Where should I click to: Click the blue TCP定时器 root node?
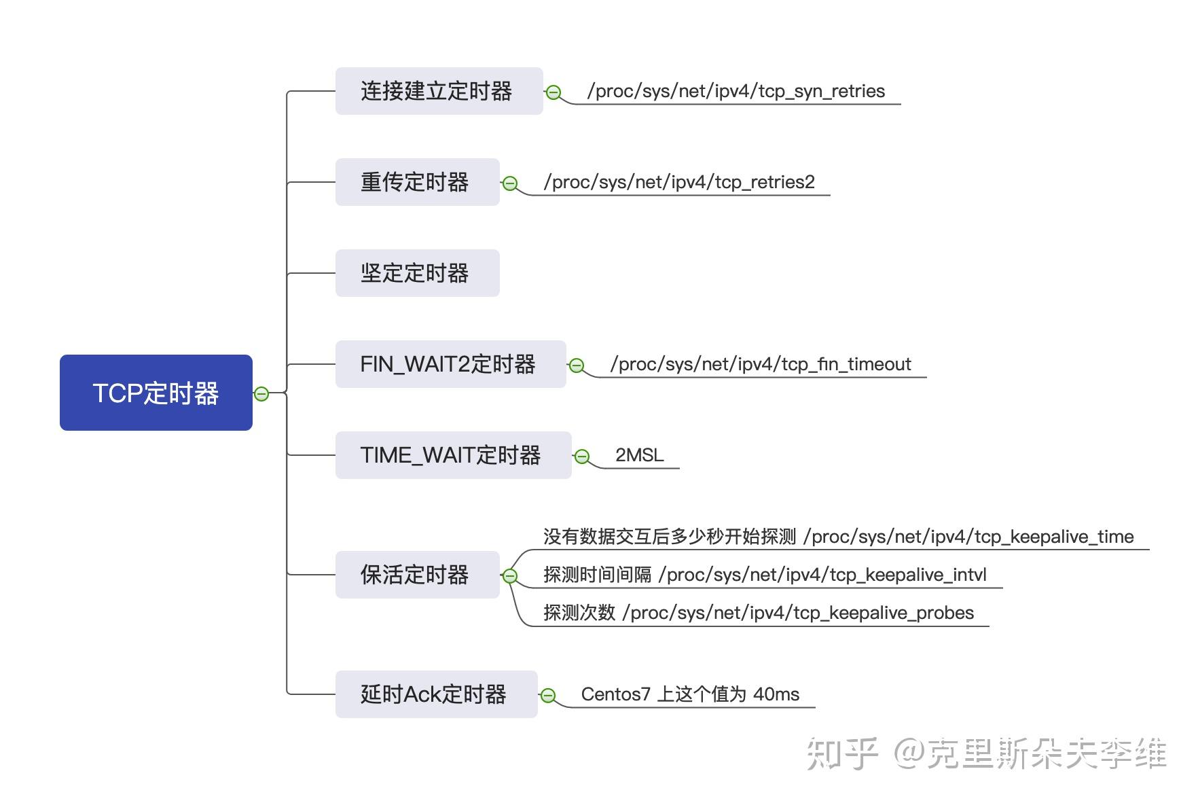coord(156,393)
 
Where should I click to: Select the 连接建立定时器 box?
coord(439,91)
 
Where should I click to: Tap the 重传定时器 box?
coord(417,182)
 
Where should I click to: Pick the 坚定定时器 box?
coord(417,273)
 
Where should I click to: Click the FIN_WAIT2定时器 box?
coord(450,364)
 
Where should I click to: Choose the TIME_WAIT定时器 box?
coord(453,455)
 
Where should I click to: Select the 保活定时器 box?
coord(417,575)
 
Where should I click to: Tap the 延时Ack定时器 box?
coord(436,694)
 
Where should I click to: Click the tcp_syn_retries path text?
coord(736,91)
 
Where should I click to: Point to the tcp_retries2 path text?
coord(679,182)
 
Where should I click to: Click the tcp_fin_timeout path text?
coord(761,364)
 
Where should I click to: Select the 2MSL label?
coord(639,455)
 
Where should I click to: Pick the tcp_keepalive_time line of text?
coord(838,537)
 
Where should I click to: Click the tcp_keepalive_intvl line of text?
coord(765,575)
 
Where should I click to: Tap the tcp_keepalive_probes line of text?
coord(758,613)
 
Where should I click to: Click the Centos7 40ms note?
coord(690,694)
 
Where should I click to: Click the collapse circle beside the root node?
coord(261,393)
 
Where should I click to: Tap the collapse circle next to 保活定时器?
coord(509,576)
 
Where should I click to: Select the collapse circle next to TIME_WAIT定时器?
coord(582,457)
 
